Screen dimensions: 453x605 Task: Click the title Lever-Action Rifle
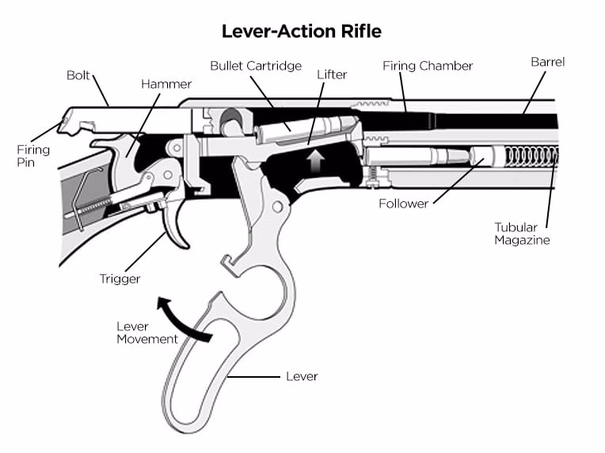pyautogui.click(x=302, y=32)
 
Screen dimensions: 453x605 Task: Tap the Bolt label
pyautogui.click(x=79, y=76)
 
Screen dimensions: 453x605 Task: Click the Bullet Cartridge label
pyautogui.click(x=255, y=65)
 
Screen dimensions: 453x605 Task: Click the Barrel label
pyautogui.click(x=547, y=62)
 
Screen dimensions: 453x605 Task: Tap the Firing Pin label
pyautogui.click(x=33, y=156)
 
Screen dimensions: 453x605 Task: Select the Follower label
pyautogui.click(x=403, y=204)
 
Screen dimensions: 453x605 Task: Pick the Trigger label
pyautogui.click(x=120, y=278)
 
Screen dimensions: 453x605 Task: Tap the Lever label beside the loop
pyautogui.click(x=302, y=376)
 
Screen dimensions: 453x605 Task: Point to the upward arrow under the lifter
pyautogui.click(x=316, y=162)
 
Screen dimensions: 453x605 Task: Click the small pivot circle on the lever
pyautogui.click(x=277, y=207)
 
